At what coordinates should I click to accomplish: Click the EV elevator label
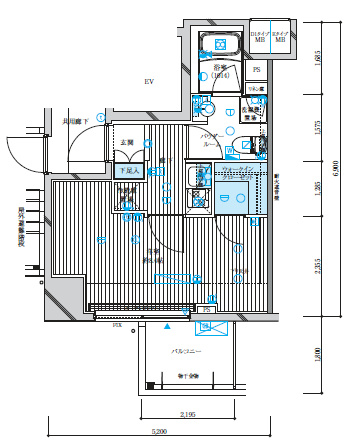(148, 81)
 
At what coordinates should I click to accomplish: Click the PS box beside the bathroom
(256, 70)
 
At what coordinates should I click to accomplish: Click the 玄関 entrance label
(127, 144)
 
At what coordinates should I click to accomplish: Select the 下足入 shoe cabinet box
(127, 171)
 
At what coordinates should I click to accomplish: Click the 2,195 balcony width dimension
(187, 413)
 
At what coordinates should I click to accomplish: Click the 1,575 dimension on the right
(318, 127)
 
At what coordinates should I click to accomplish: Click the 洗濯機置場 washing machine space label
(256, 112)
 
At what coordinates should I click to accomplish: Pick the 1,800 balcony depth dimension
(318, 352)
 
